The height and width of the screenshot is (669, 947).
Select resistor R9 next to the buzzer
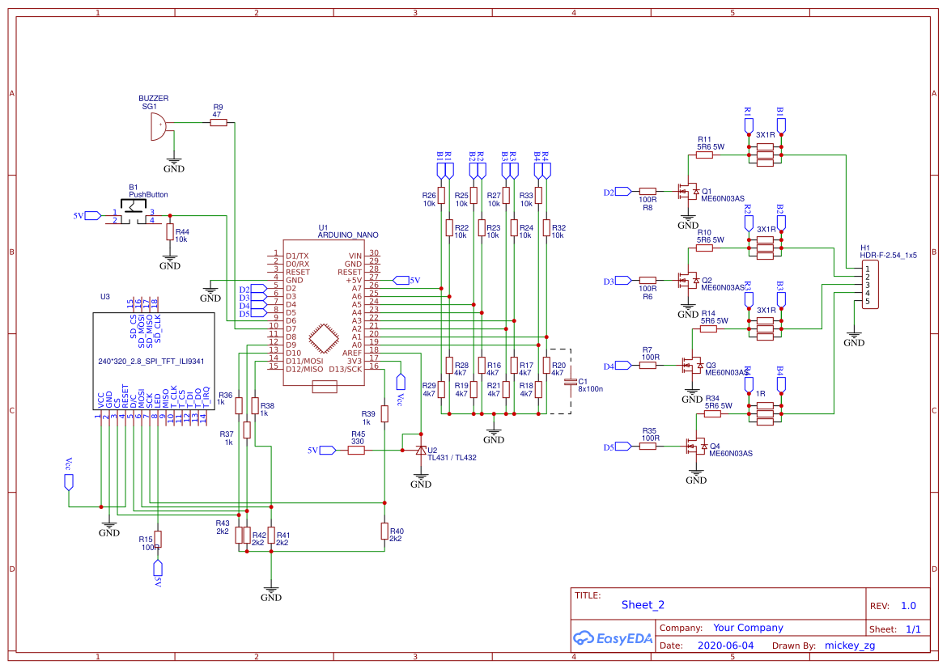point(218,123)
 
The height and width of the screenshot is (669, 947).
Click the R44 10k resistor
point(169,232)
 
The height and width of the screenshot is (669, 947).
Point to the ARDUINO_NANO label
point(348,235)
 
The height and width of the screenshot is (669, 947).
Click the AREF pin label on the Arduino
point(351,353)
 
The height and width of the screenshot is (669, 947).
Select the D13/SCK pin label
point(345,369)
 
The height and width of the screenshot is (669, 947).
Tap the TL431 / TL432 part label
point(452,458)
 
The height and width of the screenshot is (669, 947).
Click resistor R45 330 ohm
point(357,450)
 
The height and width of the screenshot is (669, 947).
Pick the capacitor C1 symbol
point(571,380)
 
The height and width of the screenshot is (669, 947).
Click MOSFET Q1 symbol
point(689,192)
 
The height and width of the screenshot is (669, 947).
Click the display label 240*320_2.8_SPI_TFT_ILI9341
point(151,362)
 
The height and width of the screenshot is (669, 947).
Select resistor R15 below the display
point(158,540)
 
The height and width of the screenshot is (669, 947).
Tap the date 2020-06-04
point(724,646)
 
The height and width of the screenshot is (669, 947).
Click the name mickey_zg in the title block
point(849,646)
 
